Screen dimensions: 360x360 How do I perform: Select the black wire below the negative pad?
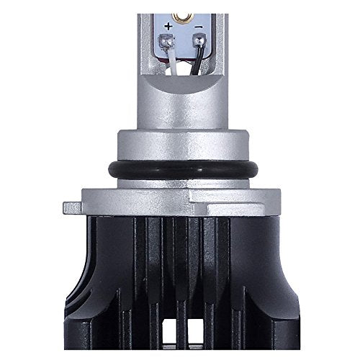[193, 63]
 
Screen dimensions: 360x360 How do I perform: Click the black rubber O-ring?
[180, 174]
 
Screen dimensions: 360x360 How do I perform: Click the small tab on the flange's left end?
[71, 207]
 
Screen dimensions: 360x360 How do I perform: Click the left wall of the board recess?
[150, 43]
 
